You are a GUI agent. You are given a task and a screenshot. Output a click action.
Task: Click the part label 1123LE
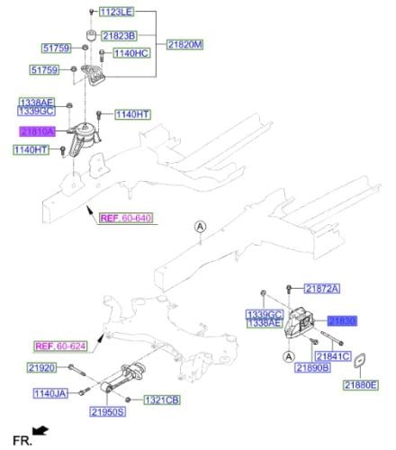pos(116,12)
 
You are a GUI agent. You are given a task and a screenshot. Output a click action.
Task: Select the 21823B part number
pos(119,36)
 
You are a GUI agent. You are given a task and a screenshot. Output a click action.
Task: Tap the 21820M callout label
pos(184,45)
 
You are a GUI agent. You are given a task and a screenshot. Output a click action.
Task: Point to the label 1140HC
pos(131,53)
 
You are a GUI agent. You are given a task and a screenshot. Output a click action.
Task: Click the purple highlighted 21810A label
pos(38,131)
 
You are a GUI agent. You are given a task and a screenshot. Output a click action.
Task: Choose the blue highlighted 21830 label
pos(342,321)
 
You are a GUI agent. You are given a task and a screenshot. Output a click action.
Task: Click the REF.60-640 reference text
pos(126,218)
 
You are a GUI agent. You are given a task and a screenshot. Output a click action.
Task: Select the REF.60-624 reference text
pos(60,346)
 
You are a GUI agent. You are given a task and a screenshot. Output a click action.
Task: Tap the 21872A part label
pos(322,289)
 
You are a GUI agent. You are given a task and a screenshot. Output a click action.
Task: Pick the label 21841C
pos(333,356)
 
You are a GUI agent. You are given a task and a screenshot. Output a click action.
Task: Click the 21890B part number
pos(312,367)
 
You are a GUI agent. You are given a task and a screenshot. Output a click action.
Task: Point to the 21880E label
pos(361,385)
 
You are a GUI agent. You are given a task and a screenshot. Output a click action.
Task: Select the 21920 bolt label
pos(42,367)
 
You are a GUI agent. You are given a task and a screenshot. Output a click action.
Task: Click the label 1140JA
pos(50,393)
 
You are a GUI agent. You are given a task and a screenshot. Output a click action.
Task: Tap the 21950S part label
pos(107,411)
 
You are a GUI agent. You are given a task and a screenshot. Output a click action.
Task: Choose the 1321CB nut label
pos(162,400)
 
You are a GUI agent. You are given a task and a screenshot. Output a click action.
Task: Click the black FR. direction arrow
pos(40,430)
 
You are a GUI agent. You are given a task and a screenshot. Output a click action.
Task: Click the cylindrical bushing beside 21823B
pos(91,36)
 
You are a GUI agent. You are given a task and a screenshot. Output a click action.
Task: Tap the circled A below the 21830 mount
pos(289,357)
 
